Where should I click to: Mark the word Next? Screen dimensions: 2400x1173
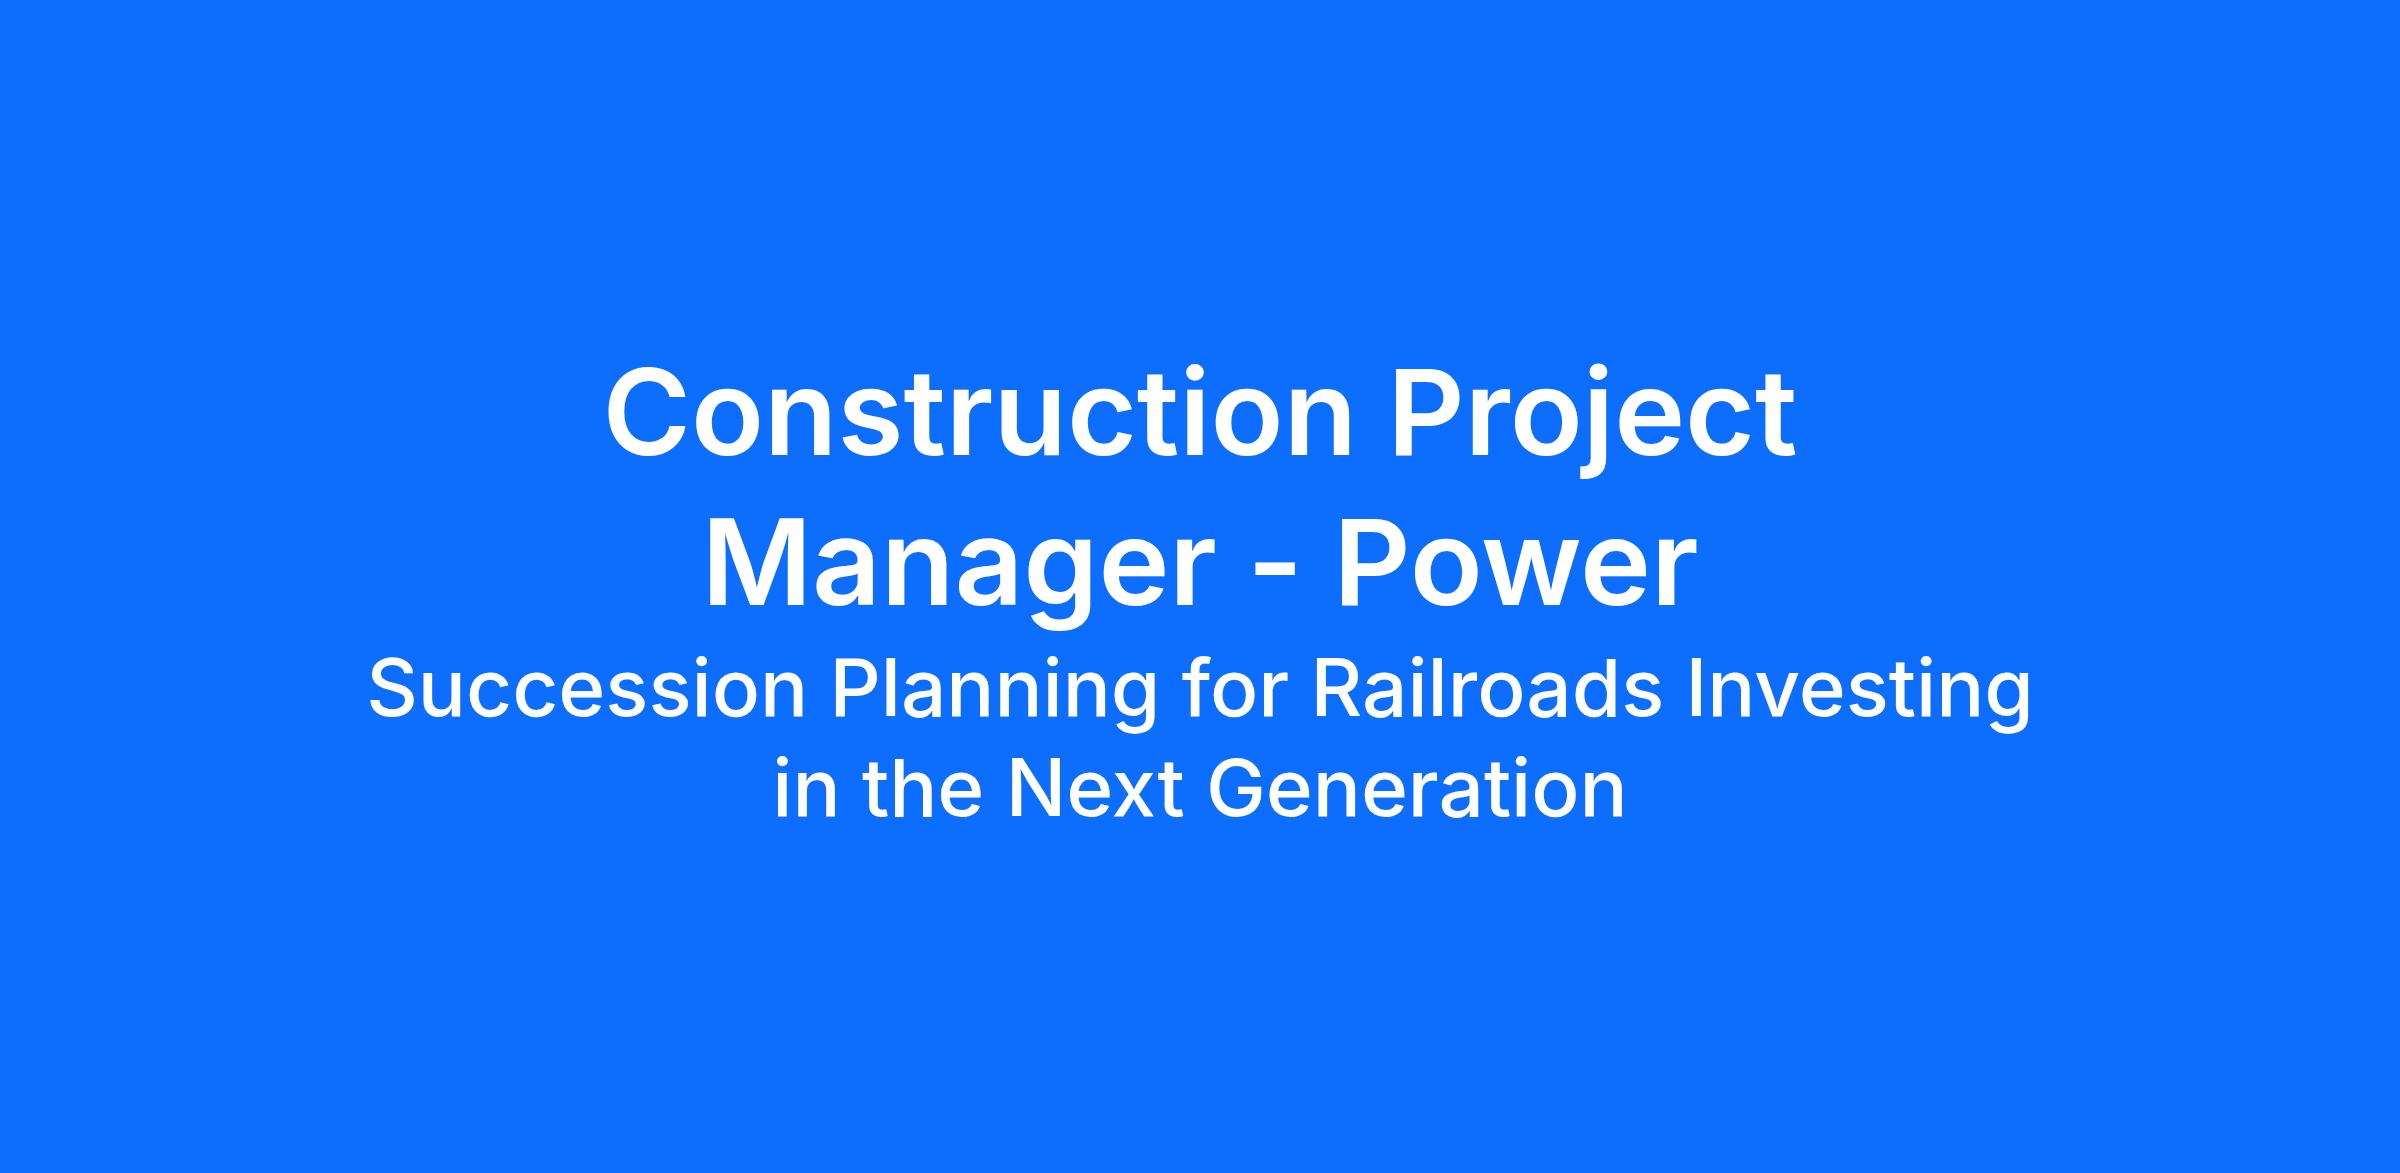pos(1098,789)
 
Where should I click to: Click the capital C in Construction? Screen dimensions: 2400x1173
pos(650,414)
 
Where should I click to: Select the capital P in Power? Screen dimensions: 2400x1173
pos(1375,563)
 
